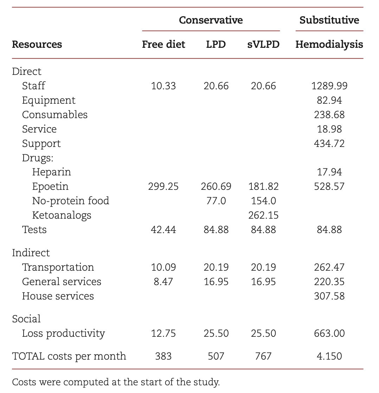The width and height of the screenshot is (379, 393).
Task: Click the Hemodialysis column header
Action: pos(329,45)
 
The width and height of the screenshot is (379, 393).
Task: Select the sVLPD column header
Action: pos(263,45)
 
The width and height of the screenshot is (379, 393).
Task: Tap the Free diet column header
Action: pos(163,45)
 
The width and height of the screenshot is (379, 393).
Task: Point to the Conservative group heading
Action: pos(211,20)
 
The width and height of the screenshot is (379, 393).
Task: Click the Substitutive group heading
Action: pos(329,20)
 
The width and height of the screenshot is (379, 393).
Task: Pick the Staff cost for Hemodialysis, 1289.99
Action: pos(329,86)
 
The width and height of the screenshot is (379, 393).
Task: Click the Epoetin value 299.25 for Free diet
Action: pos(163,186)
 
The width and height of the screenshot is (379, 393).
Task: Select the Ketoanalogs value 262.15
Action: pos(263,215)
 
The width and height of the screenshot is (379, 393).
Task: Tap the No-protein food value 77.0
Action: pos(216,201)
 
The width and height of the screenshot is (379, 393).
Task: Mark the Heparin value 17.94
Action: pos(329,172)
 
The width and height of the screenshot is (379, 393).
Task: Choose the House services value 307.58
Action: pos(329,296)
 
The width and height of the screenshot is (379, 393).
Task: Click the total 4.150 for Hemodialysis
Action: pos(329,356)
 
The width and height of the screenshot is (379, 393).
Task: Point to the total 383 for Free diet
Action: pos(163,356)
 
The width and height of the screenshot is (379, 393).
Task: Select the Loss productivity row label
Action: pos(63,333)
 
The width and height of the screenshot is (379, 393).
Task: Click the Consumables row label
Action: pos(54,115)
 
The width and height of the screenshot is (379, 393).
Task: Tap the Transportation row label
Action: pos(58,267)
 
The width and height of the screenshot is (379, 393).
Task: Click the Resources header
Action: pos(37,45)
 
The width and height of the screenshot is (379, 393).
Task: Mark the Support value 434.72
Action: pos(329,143)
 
